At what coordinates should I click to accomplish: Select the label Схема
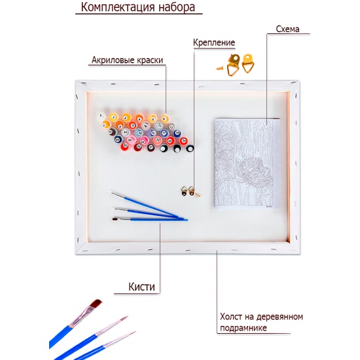click(287, 29)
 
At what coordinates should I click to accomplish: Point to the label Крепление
click(214, 43)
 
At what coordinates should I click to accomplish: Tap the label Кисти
click(141, 287)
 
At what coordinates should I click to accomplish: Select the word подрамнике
click(243, 328)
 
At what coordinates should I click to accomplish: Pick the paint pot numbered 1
click(101, 116)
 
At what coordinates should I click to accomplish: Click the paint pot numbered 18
click(177, 134)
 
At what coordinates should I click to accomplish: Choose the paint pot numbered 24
click(184, 141)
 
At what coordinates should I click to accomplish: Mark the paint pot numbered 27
click(151, 147)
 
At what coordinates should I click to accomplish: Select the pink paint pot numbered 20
click(131, 140)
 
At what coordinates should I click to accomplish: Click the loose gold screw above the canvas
click(220, 68)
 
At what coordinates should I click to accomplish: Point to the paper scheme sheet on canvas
click(247, 164)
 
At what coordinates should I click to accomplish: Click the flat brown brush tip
click(96, 303)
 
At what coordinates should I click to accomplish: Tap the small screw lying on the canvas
click(198, 194)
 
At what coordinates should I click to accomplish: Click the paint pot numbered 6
click(165, 119)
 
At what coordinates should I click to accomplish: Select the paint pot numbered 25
click(125, 146)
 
